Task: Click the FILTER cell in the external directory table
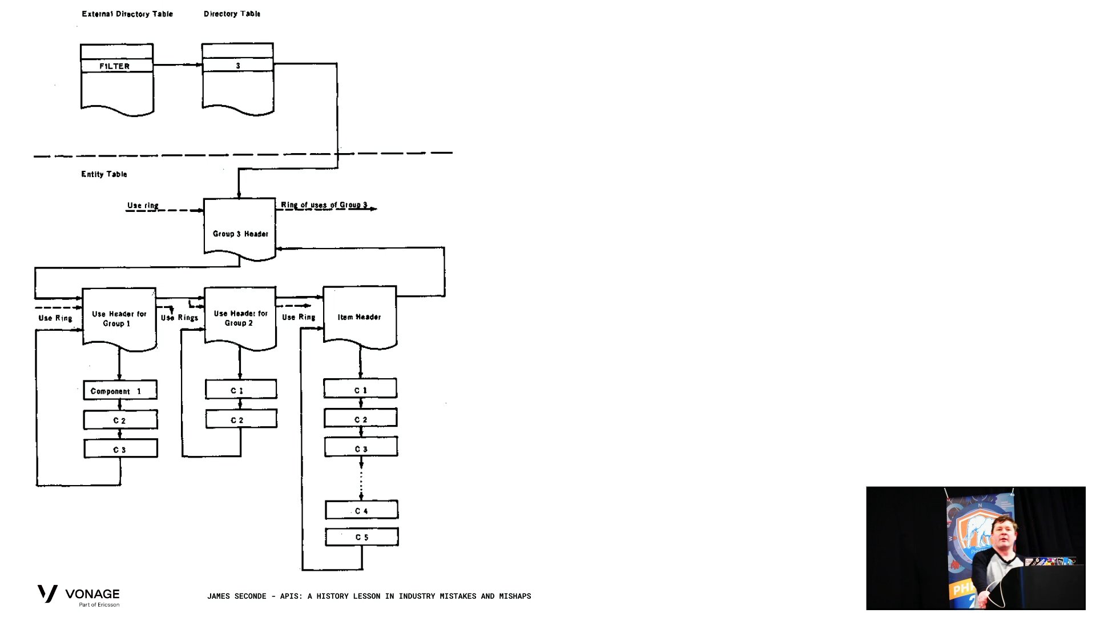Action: [x=116, y=66]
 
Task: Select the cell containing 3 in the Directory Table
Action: [x=237, y=66]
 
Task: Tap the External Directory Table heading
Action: [x=127, y=14]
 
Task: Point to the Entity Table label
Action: [x=104, y=174]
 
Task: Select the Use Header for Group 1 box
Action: [x=119, y=318]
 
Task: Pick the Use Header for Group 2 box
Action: [x=240, y=318]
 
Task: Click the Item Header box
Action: [x=360, y=316]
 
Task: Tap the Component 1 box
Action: [x=120, y=391]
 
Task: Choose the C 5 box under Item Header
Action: [x=362, y=537]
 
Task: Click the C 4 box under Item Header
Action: [x=361, y=510]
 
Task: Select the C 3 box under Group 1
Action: [x=120, y=449]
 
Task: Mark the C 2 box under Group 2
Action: [x=241, y=419]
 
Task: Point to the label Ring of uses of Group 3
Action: [x=324, y=205]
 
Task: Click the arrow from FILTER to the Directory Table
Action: [x=178, y=65]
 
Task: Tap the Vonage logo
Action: [x=79, y=595]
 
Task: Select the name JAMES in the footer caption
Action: [x=220, y=596]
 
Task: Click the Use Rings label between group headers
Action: [x=180, y=318]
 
